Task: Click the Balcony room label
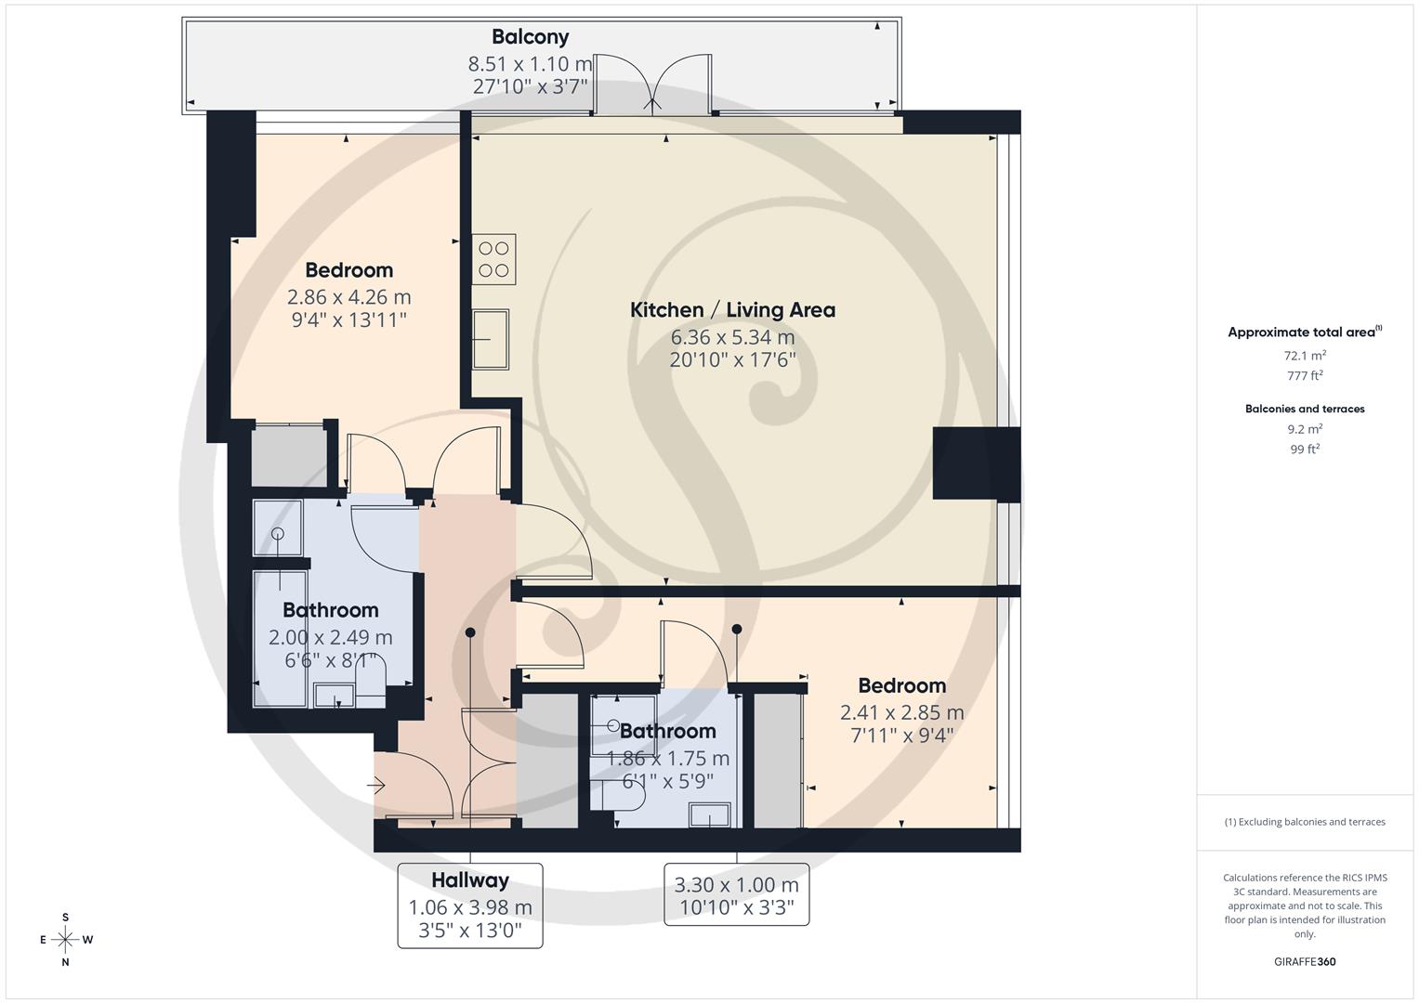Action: click(x=530, y=37)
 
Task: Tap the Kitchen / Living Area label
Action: click(x=732, y=310)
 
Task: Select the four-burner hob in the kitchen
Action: click(x=493, y=260)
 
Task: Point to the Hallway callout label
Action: click(x=470, y=880)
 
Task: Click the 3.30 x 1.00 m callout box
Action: click(x=736, y=895)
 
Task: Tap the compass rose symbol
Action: click(x=65, y=940)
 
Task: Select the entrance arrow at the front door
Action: click(x=375, y=787)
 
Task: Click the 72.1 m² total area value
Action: click(x=1304, y=356)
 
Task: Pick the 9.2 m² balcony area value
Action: click(x=1304, y=429)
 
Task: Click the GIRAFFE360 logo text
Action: click(x=1304, y=962)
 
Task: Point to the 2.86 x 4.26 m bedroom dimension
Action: click(x=348, y=297)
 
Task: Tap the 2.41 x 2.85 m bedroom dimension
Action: click(x=901, y=712)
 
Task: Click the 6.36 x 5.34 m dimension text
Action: click(x=732, y=337)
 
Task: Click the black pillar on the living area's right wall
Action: click(x=976, y=464)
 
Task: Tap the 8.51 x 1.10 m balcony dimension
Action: click(x=530, y=64)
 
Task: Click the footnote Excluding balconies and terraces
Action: click(x=1304, y=822)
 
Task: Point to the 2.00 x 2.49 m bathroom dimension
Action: click(x=330, y=637)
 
